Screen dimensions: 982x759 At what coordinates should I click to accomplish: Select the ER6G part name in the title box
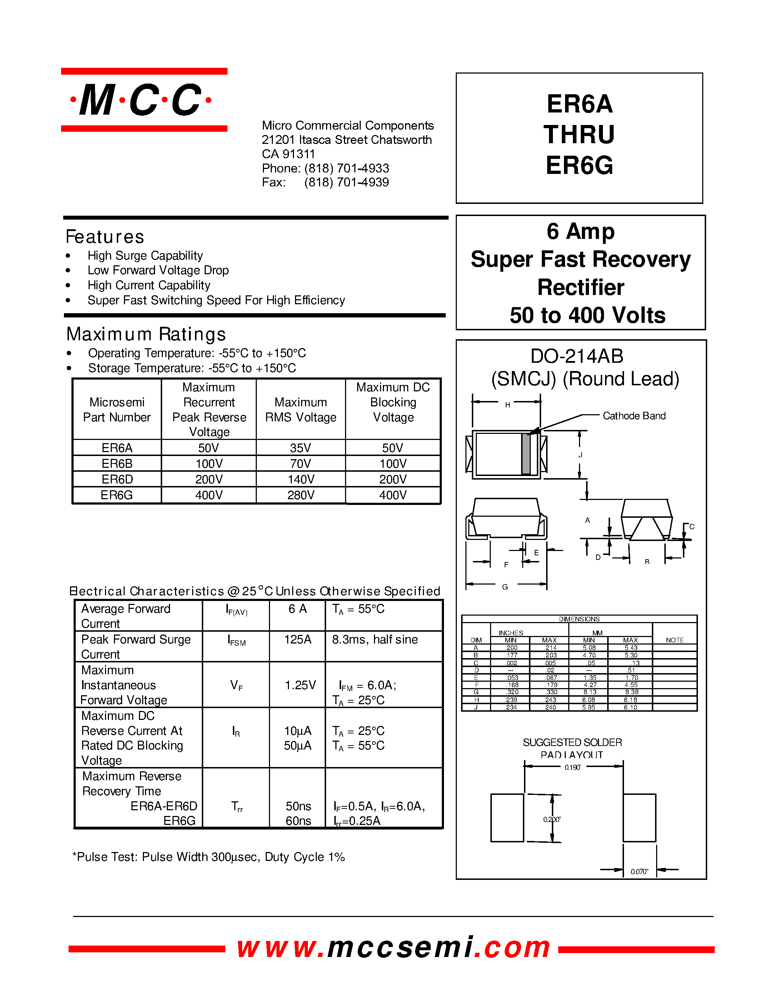point(579,165)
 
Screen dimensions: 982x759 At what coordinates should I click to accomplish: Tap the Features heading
point(105,237)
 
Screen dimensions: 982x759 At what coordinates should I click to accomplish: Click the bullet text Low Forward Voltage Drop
point(158,270)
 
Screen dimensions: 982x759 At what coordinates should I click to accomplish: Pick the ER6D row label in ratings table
point(117,479)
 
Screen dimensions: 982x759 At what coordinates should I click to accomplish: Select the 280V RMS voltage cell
point(301,495)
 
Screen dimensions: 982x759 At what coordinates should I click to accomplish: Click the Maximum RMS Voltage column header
point(300,410)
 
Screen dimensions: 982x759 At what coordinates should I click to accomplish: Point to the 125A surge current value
point(297,640)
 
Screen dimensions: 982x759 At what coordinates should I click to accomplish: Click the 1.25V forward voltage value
point(300,685)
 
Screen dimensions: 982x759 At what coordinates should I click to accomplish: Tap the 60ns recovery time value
point(298,821)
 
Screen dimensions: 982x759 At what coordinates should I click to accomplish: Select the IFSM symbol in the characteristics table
point(236,641)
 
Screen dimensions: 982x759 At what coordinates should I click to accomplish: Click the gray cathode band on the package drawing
point(526,454)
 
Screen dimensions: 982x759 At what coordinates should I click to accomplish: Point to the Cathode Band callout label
point(634,416)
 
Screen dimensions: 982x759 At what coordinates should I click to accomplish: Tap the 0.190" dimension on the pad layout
point(573,767)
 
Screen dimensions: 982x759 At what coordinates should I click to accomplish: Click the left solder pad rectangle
point(507,817)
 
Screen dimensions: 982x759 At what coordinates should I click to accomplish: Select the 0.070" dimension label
point(639,871)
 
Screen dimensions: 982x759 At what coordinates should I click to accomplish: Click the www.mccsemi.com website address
point(394,947)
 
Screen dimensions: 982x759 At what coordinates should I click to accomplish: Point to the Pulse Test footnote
point(209,857)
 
